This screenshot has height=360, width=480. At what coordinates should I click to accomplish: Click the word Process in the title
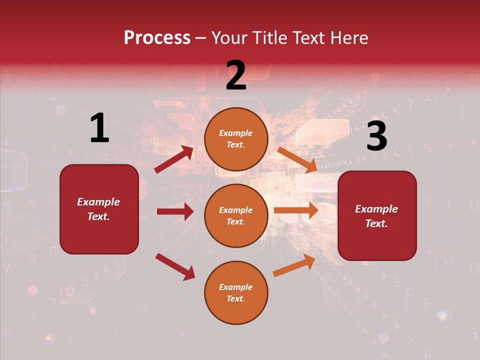coord(157,38)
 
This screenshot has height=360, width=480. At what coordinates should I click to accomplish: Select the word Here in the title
coord(349,38)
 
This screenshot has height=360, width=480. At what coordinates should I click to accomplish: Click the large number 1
coord(99,128)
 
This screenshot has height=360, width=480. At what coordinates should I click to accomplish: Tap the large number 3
coord(376,136)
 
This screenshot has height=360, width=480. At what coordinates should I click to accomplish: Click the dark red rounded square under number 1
coord(99,209)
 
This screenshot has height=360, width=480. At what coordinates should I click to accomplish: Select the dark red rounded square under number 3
coord(377,216)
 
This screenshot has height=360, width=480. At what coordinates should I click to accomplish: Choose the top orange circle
coord(236,139)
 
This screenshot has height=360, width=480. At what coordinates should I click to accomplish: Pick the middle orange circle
coord(236,215)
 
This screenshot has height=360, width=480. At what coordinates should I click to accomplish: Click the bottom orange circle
coord(236,292)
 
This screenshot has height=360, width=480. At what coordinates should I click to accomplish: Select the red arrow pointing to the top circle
coord(174,159)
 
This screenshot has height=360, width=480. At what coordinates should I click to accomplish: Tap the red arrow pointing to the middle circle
coord(175,211)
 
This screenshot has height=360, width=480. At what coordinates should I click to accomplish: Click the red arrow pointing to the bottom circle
coord(175,266)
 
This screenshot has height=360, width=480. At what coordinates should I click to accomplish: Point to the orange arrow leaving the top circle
coord(297,160)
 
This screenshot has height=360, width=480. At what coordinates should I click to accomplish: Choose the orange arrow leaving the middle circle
coord(296,210)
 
